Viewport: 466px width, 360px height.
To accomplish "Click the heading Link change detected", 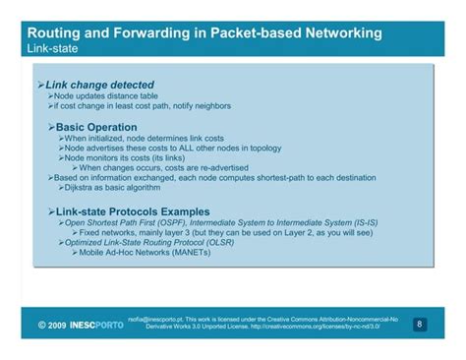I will click(x=94, y=86).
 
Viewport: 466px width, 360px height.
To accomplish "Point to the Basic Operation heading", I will click(x=94, y=128).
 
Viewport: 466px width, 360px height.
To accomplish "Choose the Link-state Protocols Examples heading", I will click(x=133, y=211).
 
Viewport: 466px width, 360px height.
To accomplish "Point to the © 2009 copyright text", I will click(x=51, y=325).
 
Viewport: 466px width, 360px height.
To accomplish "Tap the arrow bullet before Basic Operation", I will click(x=51, y=128).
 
